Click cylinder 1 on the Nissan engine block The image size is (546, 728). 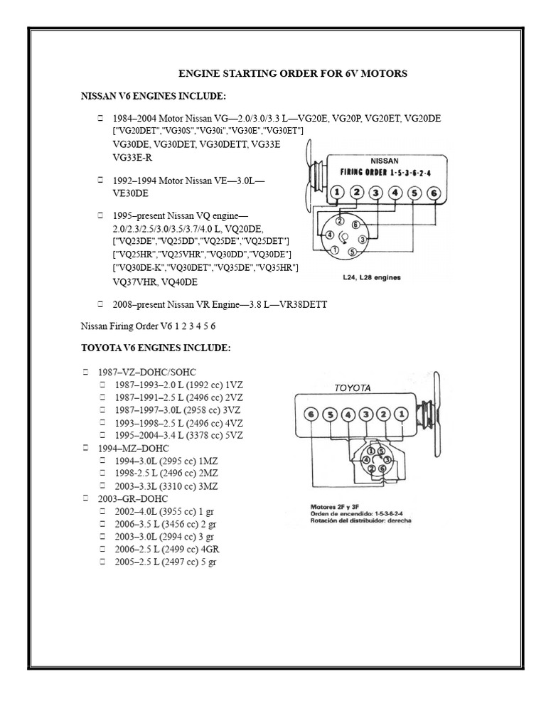point(338,192)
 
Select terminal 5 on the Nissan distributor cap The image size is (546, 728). point(353,251)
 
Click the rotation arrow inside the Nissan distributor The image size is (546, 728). point(344,237)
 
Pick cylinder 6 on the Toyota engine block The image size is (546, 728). point(310,414)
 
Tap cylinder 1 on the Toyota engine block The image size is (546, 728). point(402,414)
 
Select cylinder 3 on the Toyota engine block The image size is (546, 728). point(365,414)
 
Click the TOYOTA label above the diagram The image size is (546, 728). point(353,387)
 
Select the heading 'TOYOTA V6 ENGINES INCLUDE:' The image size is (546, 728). point(156,348)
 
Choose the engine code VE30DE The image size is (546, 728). point(131,193)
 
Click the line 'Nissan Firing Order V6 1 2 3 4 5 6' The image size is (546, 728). point(149,326)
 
